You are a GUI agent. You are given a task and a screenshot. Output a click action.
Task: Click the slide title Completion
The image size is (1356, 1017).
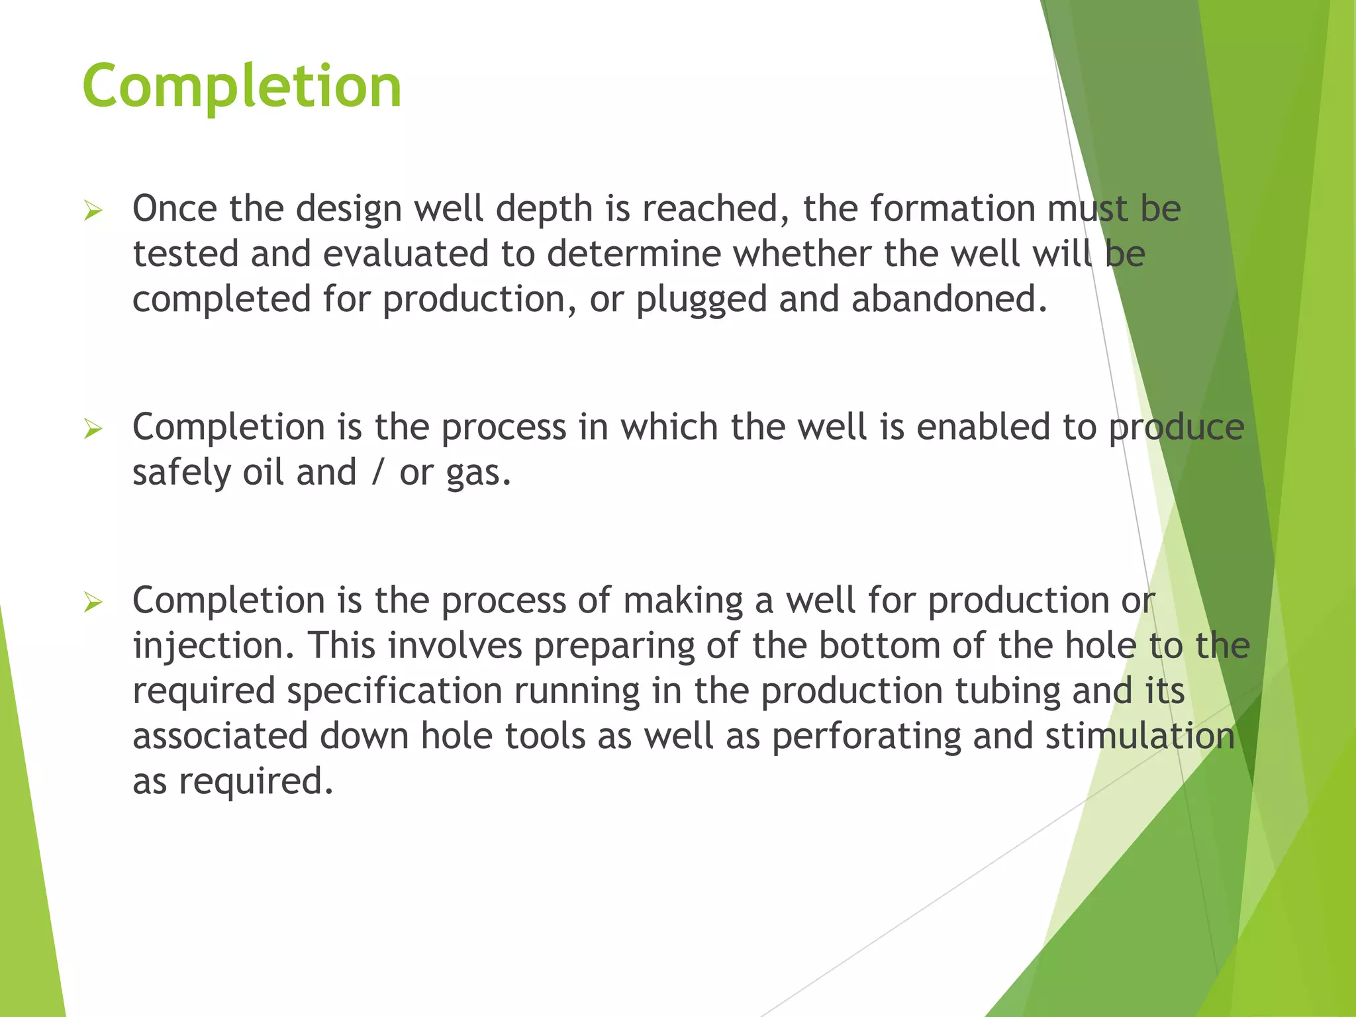pyautogui.click(x=242, y=86)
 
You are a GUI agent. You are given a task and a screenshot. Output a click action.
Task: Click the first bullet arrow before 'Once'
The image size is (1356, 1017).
pyautogui.click(x=93, y=211)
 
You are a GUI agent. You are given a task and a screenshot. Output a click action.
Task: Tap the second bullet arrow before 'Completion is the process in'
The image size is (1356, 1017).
pyautogui.click(x=93, y=429)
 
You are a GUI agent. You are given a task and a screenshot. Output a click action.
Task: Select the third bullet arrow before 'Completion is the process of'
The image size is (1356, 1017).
pyautogui.click(x=93, y=603)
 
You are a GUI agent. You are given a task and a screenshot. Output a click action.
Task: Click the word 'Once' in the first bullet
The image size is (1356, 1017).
pyautogui.click(x=175, y=209)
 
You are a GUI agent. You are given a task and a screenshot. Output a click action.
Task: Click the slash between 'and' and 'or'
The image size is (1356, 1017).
pyautogui.click(x=377, y=473)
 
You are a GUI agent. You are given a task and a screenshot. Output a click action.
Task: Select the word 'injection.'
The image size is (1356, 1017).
pyautogui.click(x=213, y=647)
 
